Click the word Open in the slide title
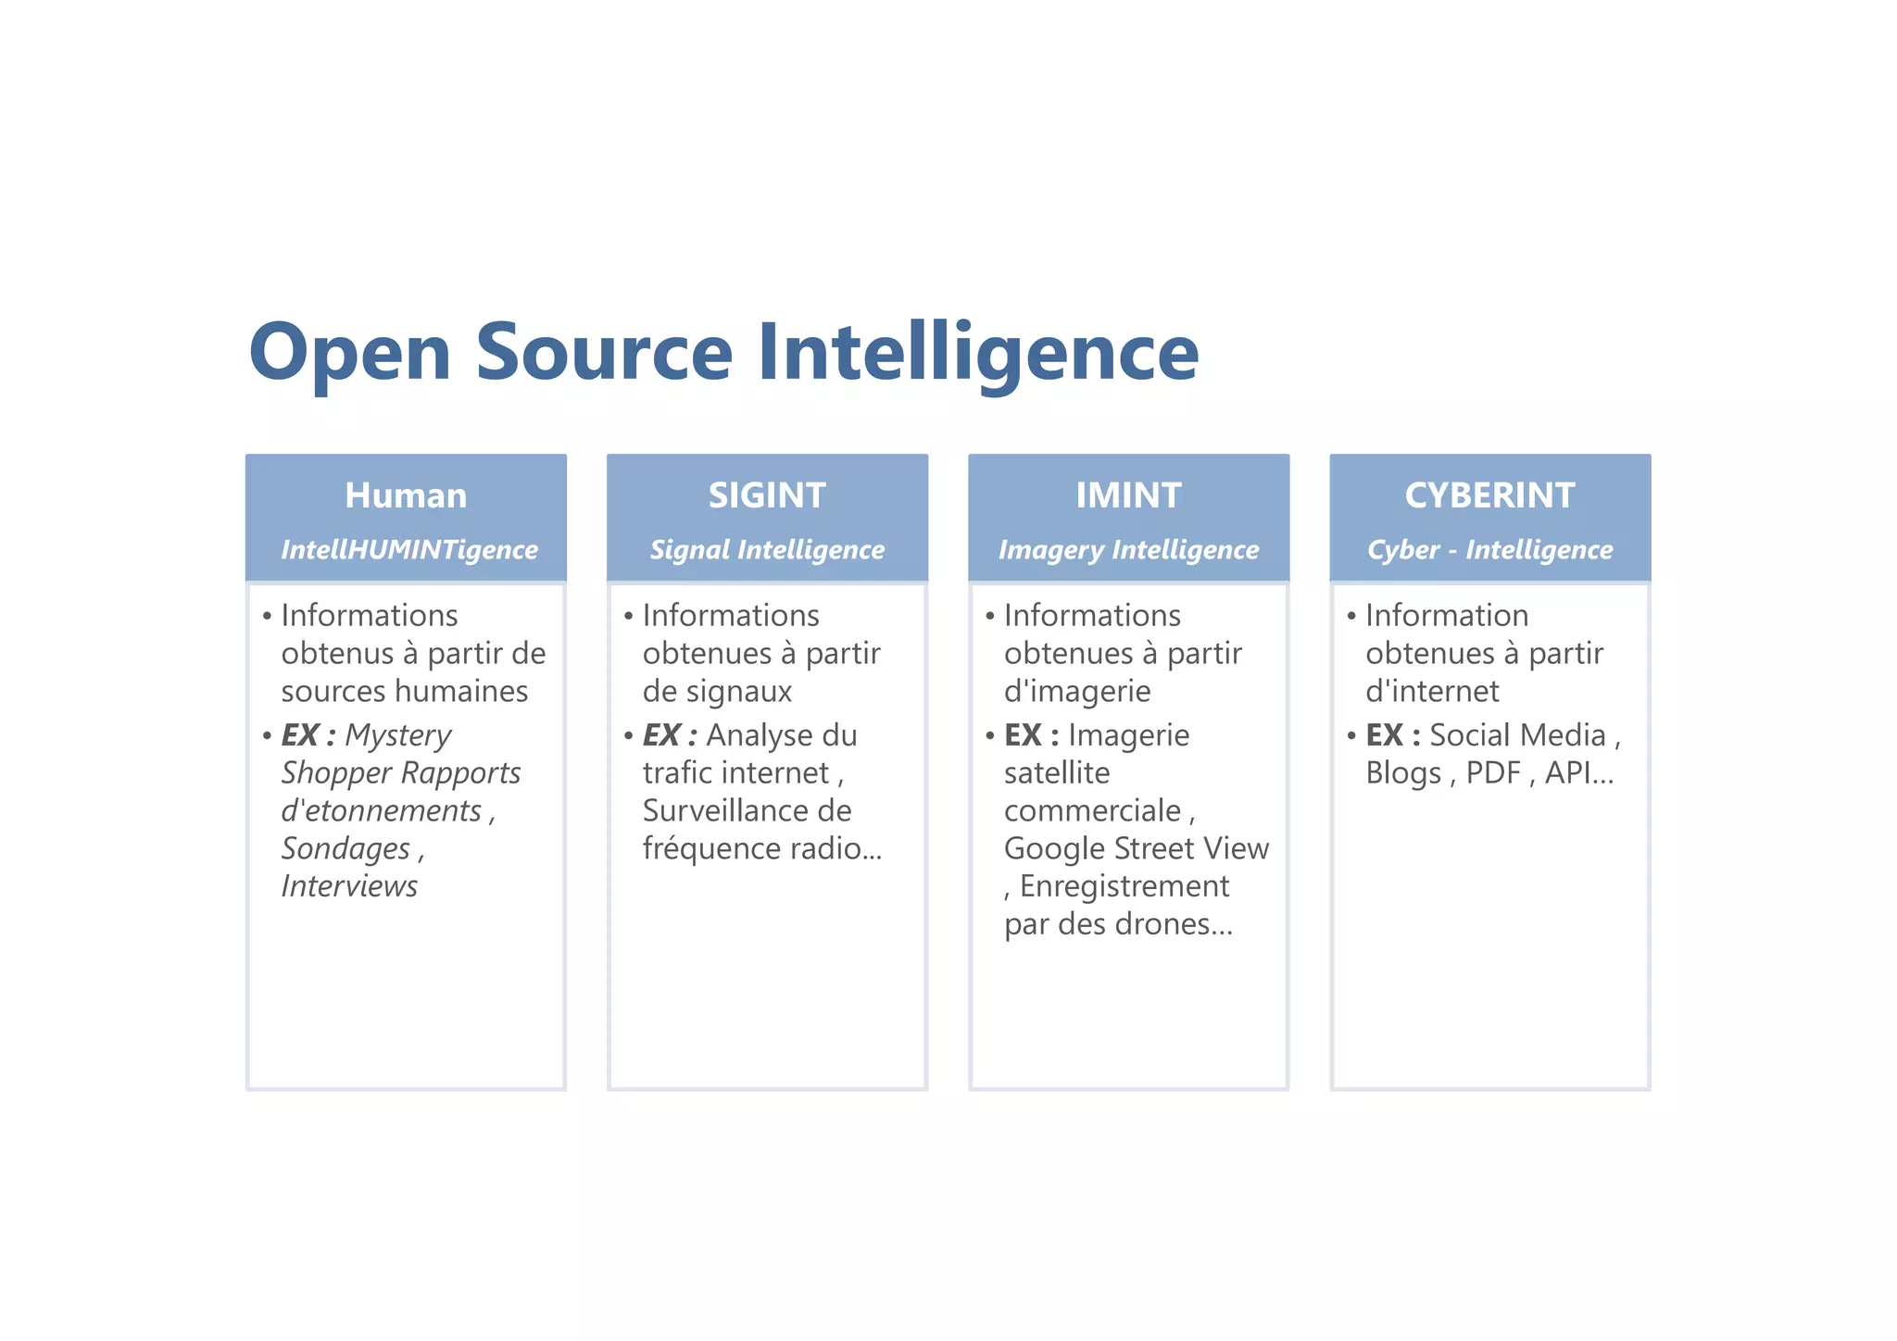tap(350, 354)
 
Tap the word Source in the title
tap(604, 352)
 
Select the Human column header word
tap(406, 495)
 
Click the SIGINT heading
tap(767, 495)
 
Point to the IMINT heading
tap(1128, 495)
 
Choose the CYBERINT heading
tap(1489, 495)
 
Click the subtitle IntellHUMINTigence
tap(409, 550)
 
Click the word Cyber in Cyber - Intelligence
tap(1403, 550)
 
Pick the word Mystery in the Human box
tap(398, 735)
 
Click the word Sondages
tap(345, 848)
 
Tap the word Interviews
tap(349, 886)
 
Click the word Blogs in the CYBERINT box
tap(1403, 773)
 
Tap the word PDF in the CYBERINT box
tap(1493, 773)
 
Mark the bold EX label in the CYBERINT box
tap(1385, 735)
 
